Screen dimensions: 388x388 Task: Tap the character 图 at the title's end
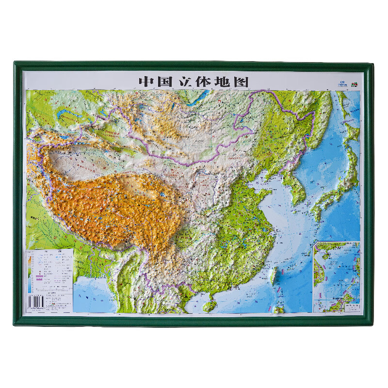pyautogui.click(x=242, y=81)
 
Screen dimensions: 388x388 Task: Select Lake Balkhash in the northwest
pyautogui.click(x=68, y=116)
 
